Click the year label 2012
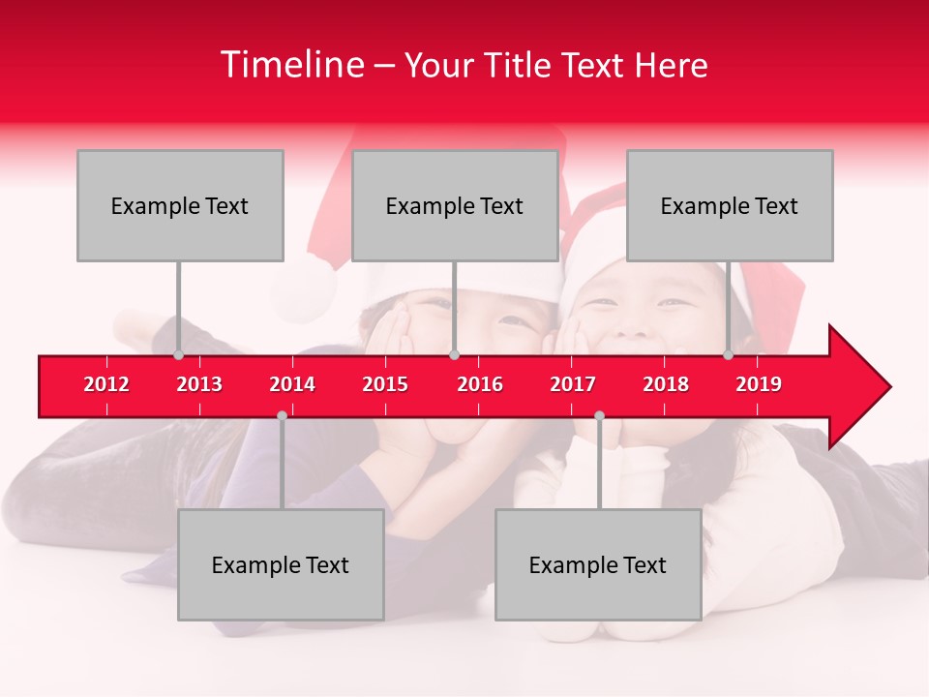106,384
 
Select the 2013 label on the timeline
199,384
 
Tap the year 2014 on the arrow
292,384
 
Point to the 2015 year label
385,384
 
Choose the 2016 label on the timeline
480,384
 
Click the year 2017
573,384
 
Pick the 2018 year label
666,384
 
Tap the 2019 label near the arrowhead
759,384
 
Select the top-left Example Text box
180,205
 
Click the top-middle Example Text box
455,205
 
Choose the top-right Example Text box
730,205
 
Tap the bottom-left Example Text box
281,564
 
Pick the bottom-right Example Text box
598,564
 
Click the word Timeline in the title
290,65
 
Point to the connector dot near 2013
178,355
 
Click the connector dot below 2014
282,415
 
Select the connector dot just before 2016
454,355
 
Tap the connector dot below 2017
599,415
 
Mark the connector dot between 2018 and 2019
728,355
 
